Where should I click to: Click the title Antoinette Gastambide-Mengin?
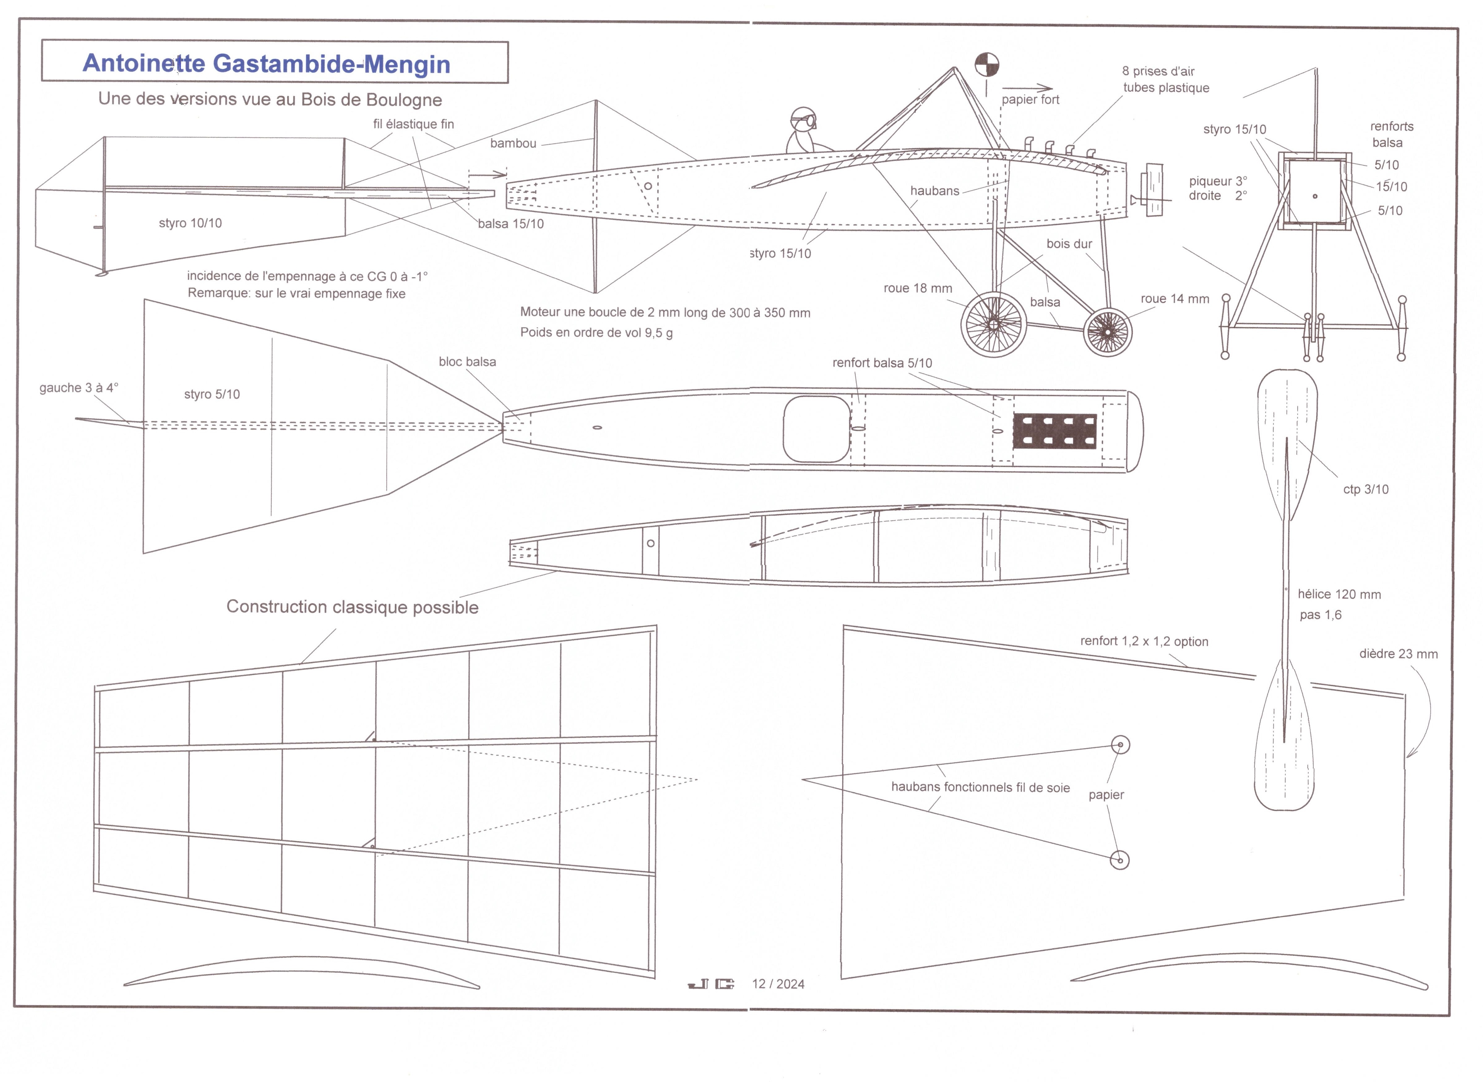point(267,63)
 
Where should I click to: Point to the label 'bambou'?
point(513,144)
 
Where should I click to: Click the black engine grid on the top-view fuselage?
point(1054,431)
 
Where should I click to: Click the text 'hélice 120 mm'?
point(1339,595)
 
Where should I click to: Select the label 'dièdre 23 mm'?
point(1398,654)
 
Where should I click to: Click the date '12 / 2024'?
point(778,984)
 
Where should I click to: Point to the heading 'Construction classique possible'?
point(352,607)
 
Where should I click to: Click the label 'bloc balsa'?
point(467,361)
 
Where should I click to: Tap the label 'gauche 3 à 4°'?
point(79,388)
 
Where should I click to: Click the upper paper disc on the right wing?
point(1120,745)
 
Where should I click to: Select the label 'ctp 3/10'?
point(1365,489)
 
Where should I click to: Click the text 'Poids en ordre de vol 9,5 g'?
point(596,333)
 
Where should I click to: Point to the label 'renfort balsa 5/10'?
point(882,363)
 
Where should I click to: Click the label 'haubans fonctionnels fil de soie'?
point(980,787)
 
